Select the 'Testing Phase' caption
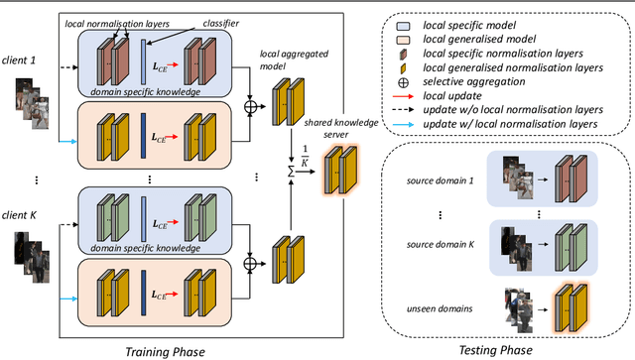(x=497, y=350)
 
